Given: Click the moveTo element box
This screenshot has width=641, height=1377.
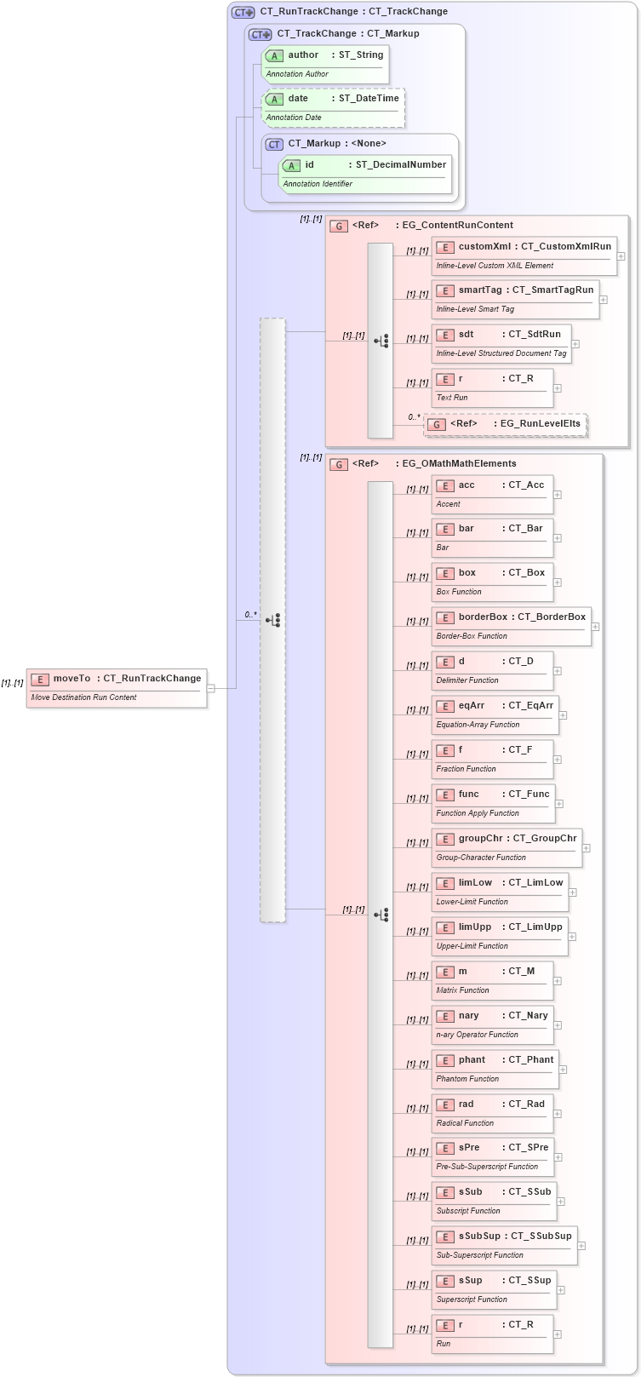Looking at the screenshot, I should tap(117, 687).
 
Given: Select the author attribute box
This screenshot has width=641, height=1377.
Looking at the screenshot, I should tap(324, 64).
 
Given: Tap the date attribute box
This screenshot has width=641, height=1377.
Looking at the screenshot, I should tap(332, 107).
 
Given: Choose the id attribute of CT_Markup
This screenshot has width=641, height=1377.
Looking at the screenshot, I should tap(364, 174).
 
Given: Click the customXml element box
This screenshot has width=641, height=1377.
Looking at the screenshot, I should tap(524, 255).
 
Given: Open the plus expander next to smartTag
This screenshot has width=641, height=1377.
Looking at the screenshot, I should tap(603, 300).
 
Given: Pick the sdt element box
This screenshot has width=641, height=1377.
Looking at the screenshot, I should tap(501, 343).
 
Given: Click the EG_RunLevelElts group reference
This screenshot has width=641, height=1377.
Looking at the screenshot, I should tap(506, 424).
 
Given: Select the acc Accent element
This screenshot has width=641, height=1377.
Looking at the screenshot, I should tap(492, 494).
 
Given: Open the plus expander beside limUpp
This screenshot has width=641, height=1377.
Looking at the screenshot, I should tap(572, 937).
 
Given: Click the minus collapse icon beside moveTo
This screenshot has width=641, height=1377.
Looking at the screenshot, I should tap(211, 688).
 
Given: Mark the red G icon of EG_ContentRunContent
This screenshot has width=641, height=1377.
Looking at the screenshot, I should tap(339, 227).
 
